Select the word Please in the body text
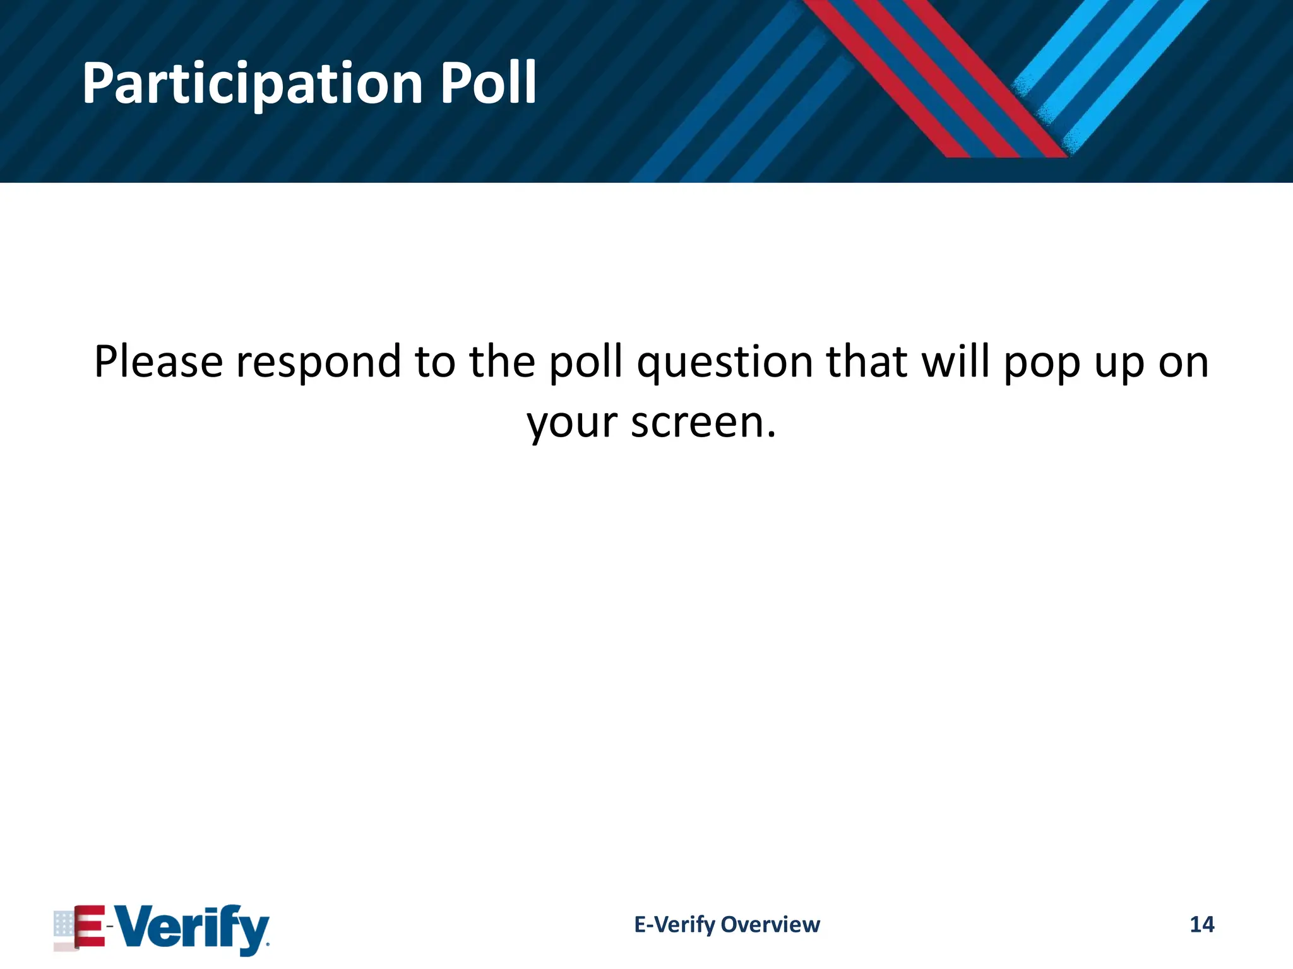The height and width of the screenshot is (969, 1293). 158,362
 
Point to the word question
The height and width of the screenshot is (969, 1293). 725,363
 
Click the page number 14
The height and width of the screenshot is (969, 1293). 1201,924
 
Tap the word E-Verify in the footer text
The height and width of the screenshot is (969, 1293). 674,924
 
